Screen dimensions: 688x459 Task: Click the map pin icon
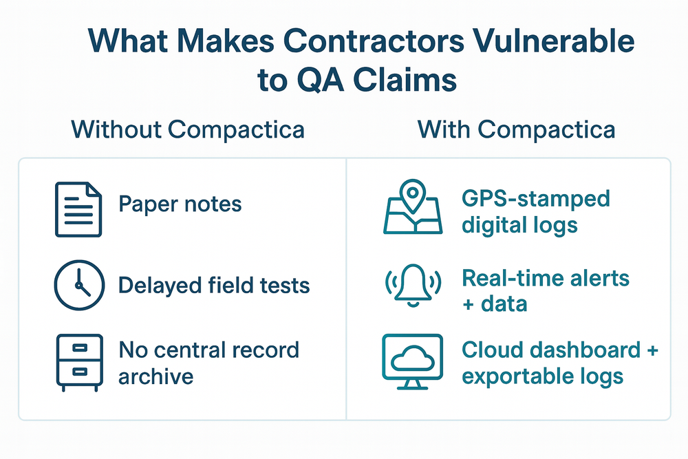tap(412, 207)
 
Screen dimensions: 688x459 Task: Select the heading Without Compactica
tap(187, 129)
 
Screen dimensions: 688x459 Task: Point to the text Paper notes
tap(180, 204)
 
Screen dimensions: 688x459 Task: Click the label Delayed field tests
tap(213, 284)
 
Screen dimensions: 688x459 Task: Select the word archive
tap(155, 376)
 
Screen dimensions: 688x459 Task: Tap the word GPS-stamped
tap(535, 200)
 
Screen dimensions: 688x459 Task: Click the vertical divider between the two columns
tap(345, 289)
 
